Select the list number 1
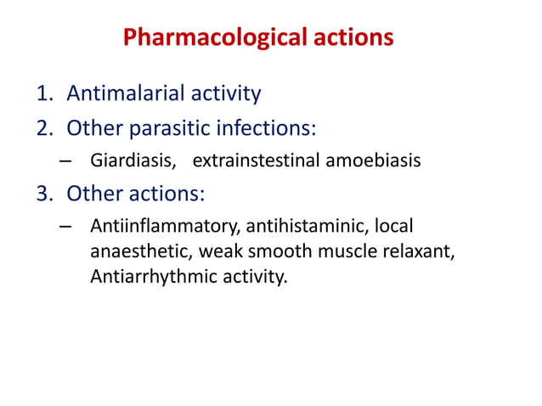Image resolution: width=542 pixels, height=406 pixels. (x=42, y=93)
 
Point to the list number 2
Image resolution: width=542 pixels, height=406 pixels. (x=42, y=128)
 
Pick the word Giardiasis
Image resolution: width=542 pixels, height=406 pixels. (x=127, y=160)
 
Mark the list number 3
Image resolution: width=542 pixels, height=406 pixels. (x=42, y=194)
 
